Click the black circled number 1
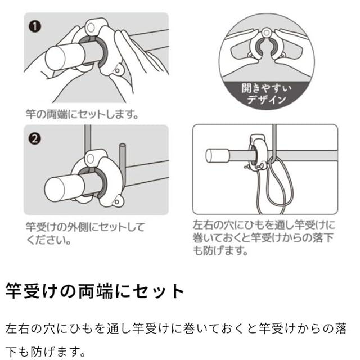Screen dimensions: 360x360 click(x=35, y=26)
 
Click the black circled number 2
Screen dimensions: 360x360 click(x=35, y=139)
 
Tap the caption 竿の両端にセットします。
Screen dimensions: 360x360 click(x=82, y=114)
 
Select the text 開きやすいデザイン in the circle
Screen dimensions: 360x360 click(x=266, y=94)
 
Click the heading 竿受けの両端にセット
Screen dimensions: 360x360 click(x=94, y=291)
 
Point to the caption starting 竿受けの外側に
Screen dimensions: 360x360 click(x=85, y=233)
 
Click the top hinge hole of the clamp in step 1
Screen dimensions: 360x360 click(x=91, y=28)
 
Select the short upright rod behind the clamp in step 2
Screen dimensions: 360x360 click(x=123, y=164)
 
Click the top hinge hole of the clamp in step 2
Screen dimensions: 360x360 click(x=91, y=159)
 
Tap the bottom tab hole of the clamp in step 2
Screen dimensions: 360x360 click(x=117, y=202)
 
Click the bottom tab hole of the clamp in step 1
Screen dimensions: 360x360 click(x=118, y=70)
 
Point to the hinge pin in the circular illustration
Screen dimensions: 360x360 click(x=266, y=33)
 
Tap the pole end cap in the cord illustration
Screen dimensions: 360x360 click(x=211, y=155)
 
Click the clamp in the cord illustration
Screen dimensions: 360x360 click(x=257, y=152)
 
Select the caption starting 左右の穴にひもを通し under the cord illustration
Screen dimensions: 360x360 click(x=264, y=238)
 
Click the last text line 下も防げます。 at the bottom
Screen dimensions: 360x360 click(x=45, y=352)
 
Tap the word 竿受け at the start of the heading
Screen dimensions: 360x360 click(x=31, y=291)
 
